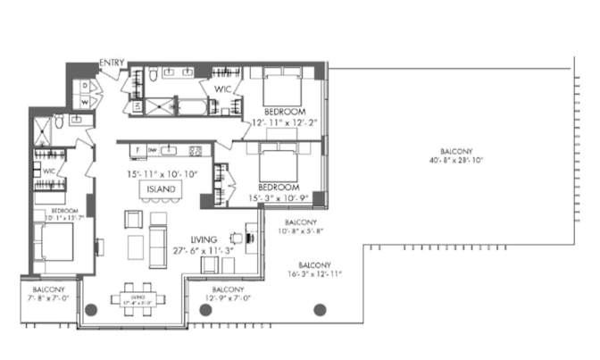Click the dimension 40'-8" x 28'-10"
pyautogui.click(x=455, y=162)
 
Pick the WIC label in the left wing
pyautogui.click(x=49, y=170)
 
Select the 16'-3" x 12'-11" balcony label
pyautogui.click(x=315, y=271)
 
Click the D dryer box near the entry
pyautogui.click(x=84, y=86)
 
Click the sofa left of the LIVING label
pyautogui.click(x=157, y=241)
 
